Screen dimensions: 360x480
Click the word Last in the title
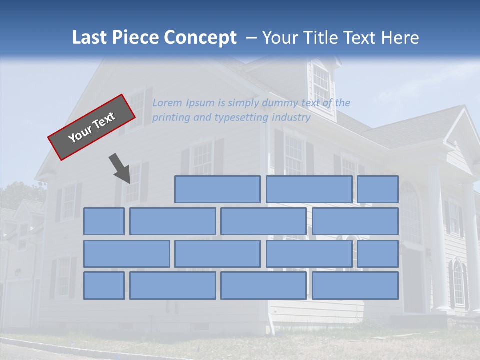90,38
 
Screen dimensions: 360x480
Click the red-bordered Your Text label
92,127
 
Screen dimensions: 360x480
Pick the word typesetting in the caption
242,118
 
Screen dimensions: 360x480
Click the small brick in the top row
377,189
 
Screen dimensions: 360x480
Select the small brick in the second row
104,221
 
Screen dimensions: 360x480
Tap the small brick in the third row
377,254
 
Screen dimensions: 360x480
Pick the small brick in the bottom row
104,286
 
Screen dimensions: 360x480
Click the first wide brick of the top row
217,189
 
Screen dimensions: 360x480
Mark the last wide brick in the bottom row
355,286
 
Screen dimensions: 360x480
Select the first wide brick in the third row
126,254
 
